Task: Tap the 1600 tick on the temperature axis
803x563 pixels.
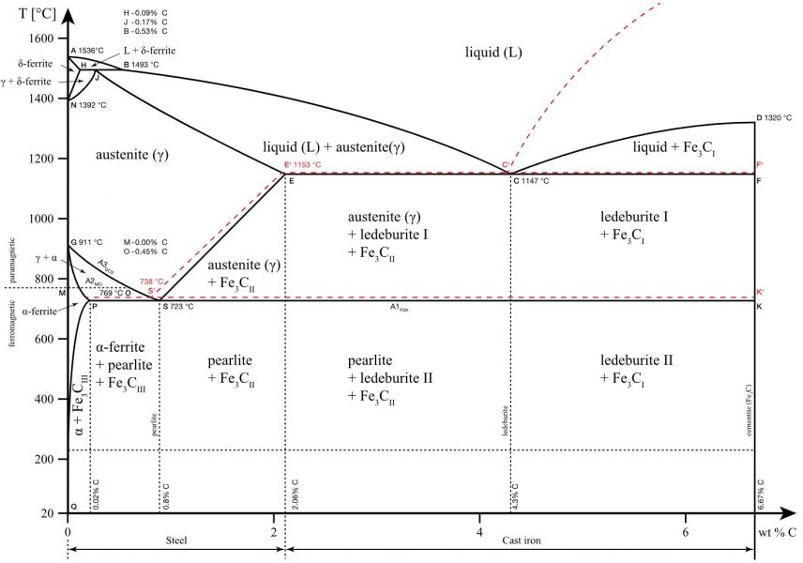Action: pyautogui.click(x=42, y=38)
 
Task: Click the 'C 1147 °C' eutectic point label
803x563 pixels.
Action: pyautogui.click(x=531, y=180)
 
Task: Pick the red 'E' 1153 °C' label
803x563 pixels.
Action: pyautogui.click(x=302, y=165)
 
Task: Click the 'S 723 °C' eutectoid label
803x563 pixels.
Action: pyautogui.click(x=178, y=307)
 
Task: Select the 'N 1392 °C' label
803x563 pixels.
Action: pyautogui.click(x=88, y=105)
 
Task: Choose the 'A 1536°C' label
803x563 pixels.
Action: pyautogui.click(x=93, y=50)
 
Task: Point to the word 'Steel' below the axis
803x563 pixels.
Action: pyautogui.click(x=176, y=541)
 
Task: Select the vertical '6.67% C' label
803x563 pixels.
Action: pyautogui.click(x=761, y=494)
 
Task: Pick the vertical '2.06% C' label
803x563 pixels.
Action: pyautogui.click(x=295, y=494)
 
